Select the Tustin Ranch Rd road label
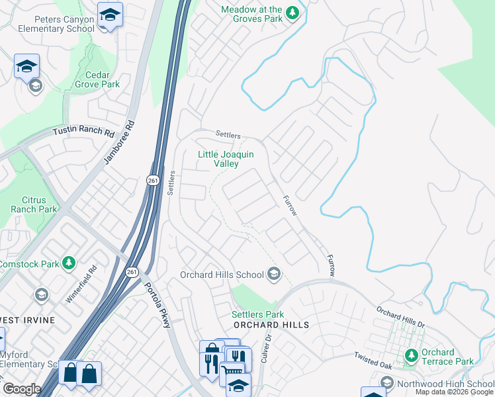pyautogui.click(x=85, y=131)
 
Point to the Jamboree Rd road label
pyautogui.click(x=120, y=142)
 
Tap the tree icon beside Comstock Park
pyautogui.click(x=68, y=263)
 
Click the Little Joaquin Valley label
pyautogui.click(x=226, y=159)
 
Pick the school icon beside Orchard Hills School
pyautogui.click(x=273, y=275)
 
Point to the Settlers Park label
pyautogui.click(x=257, y=314)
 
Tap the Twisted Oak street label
pyautogui.click(x=373, y=361)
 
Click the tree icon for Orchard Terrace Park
pyautogui.click(x=411, y=356)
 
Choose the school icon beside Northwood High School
pyautogui.click(x=386, y=383)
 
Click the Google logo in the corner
pyautogui.click(x=21, y=388)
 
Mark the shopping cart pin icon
pyautogui.click(x=232, y=371)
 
